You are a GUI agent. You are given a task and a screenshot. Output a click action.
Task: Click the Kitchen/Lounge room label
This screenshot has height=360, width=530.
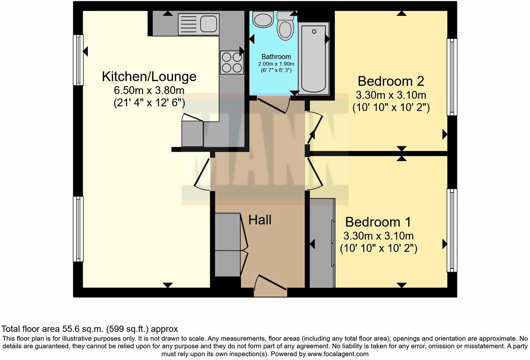pos(149,77)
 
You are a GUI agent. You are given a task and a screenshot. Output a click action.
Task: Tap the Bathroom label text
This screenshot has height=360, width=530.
pos(276,57)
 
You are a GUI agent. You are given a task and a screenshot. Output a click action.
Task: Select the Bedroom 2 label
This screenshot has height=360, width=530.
pos(391,81)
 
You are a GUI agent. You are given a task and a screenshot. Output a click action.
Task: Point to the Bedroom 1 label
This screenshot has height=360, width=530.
pos(378,222)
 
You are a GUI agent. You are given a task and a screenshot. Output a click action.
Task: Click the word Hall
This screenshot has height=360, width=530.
pos(260,220)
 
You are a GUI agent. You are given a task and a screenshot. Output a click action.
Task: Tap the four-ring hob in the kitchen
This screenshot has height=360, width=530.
pos(232,62)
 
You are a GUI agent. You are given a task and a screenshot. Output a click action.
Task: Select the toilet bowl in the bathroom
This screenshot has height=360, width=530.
pos(286,31)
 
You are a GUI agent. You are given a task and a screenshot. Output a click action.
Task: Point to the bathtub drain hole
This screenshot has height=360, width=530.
pos(314,31)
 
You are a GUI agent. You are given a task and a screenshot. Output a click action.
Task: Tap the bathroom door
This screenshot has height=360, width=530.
pos(273,106)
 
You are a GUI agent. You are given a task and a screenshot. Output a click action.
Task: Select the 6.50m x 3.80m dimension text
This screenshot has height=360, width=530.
pos(149,90)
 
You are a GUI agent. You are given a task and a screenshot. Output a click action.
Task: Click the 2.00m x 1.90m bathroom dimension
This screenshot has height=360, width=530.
pos(276,64)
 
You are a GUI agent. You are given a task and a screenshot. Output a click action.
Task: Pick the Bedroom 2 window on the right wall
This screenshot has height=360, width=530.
pos(452,77)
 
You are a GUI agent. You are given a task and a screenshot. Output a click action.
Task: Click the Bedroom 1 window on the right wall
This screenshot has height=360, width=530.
pos(452,231)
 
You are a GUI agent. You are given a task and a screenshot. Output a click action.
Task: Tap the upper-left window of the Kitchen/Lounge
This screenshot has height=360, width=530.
pos(78,60)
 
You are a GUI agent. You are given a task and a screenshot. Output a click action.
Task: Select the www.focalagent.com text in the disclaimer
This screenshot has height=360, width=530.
pos(338,354)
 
